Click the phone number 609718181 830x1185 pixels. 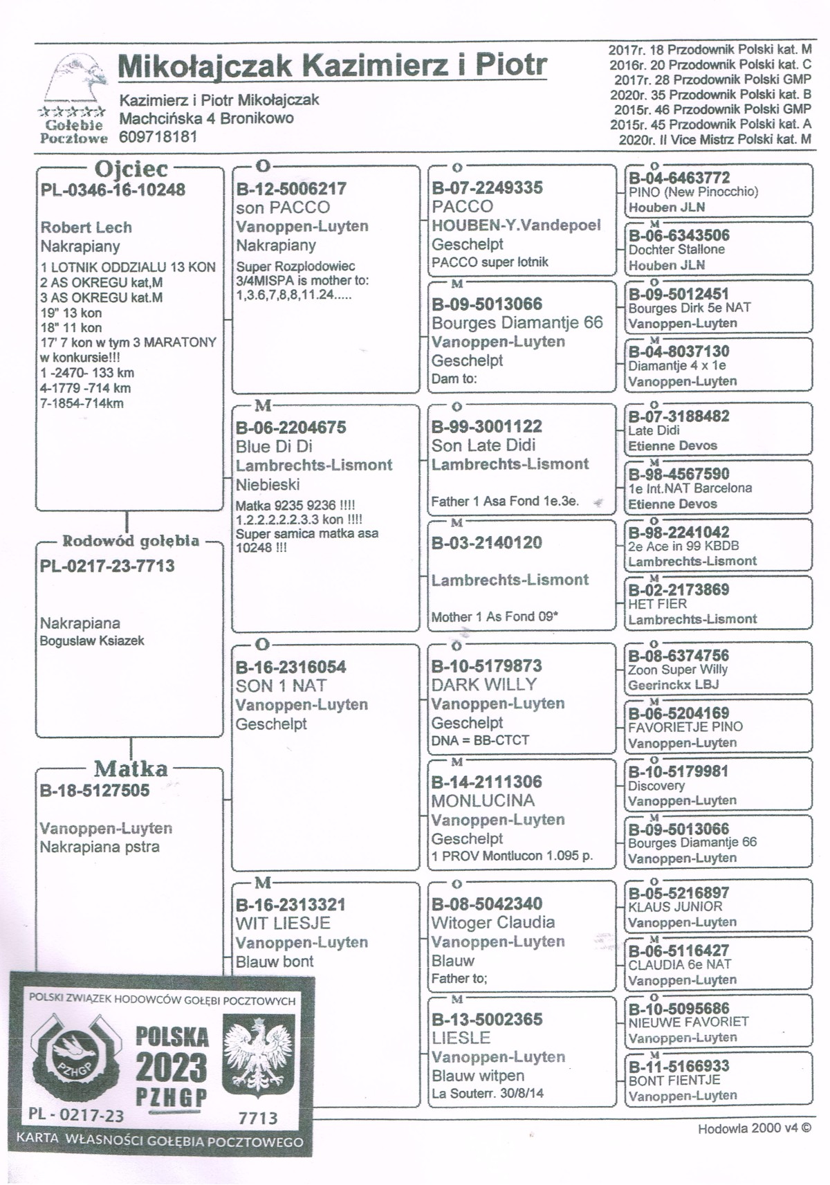158,137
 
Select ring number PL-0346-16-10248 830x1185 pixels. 113,190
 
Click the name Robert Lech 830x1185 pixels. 86,228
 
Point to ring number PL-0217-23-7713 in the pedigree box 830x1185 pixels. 107,566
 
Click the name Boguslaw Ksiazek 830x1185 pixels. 92,641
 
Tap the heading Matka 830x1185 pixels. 131,769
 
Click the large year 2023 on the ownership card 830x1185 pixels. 171,1068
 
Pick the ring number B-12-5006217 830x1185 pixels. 291,189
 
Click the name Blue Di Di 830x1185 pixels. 274,447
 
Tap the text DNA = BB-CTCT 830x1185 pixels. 480,740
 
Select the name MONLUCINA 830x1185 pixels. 483,801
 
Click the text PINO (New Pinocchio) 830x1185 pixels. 693,192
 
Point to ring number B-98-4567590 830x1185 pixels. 679,475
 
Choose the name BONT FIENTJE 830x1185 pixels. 664,1081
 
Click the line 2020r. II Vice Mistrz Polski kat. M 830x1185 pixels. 715,140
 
